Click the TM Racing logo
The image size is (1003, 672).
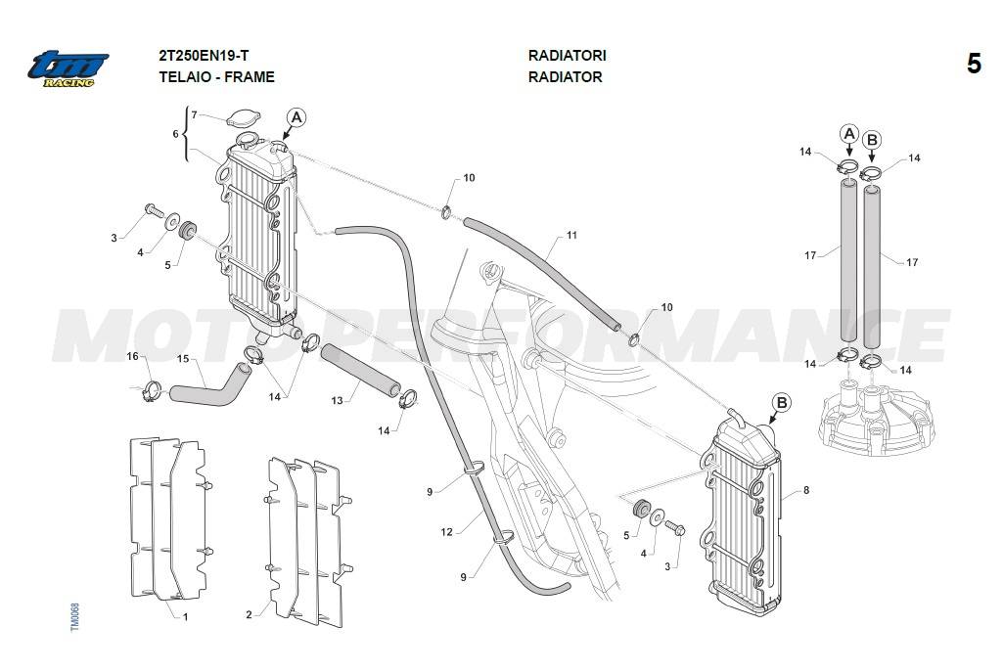[68, 68]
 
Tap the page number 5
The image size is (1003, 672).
[974, 65]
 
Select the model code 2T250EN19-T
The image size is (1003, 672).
[209, 56]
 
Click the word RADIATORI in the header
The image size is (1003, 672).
[567, 56]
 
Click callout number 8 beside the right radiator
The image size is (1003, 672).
[805, 489]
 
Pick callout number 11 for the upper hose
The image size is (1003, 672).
[571, 236]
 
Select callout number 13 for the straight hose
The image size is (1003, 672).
[337, 400]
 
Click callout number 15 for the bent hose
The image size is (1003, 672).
[182, 359]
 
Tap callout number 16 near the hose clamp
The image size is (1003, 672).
[133, 356]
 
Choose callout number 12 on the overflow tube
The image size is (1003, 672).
[446, 532]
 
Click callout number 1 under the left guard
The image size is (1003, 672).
[185, 616]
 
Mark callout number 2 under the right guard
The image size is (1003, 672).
[249, 614]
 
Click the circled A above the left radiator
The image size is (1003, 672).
[296, 117]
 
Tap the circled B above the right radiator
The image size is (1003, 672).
[781, 402]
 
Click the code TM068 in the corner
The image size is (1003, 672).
[75, 617]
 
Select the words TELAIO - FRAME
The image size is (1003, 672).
[216, 76]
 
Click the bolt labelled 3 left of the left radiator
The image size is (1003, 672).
[152, 208]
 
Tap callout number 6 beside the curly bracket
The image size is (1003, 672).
[175, 133]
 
